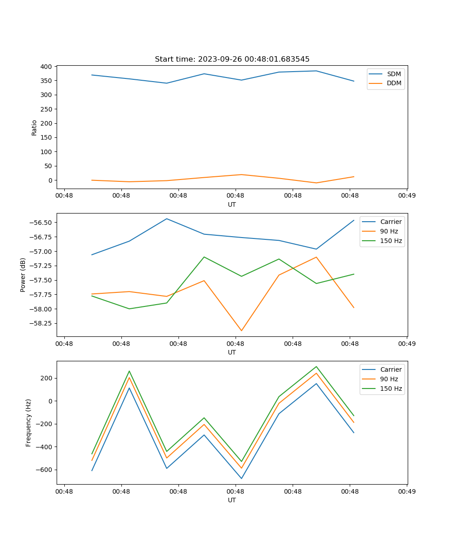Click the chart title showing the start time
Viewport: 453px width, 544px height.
point(232,59)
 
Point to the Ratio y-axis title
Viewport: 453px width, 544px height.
point(34,127)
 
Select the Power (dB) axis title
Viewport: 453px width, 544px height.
point(23,275)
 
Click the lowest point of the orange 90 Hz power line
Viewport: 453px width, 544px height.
point(241,330)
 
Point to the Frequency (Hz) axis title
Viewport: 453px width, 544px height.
point(29,423)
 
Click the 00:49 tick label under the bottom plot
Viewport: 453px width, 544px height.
point(407,491)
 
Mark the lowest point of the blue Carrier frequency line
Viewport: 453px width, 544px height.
point(241,478)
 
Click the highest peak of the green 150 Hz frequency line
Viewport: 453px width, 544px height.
point(316,367)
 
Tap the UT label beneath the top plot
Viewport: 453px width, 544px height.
point(232,204)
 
